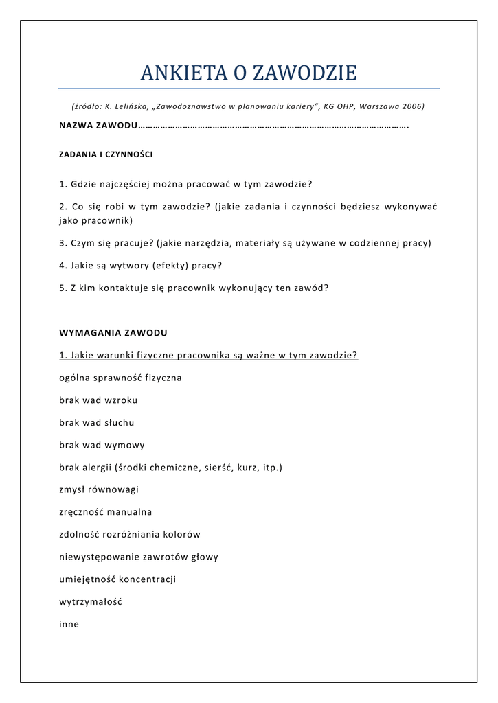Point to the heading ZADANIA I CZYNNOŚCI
coord(106,155)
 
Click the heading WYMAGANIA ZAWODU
coord(113,333)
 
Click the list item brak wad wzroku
coord(98,400)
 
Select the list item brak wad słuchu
coord(97,423)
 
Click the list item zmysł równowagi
coord(99,490)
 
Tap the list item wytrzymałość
coord(91,602)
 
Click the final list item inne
coord(69,625)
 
